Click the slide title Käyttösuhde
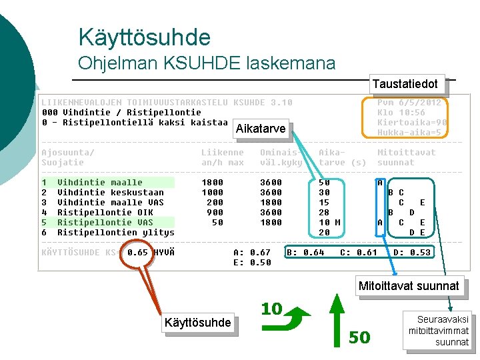[144, 37]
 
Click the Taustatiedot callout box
[405, 83]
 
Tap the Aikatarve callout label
[261, 129]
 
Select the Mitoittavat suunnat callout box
[409, 286]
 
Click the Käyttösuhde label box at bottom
[198, 323]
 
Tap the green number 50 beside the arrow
[359, 338]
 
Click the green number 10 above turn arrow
[271, 309]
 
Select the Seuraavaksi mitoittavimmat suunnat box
[438, 331]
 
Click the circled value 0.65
[137, 253]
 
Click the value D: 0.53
[412, 252]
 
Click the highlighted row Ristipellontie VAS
[105, 222]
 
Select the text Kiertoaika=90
[412, 123]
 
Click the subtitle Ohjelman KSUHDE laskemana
[207, 63]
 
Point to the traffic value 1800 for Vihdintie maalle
[213, 182]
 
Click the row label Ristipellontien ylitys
[115, 232]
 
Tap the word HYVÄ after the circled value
[164, 253]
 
